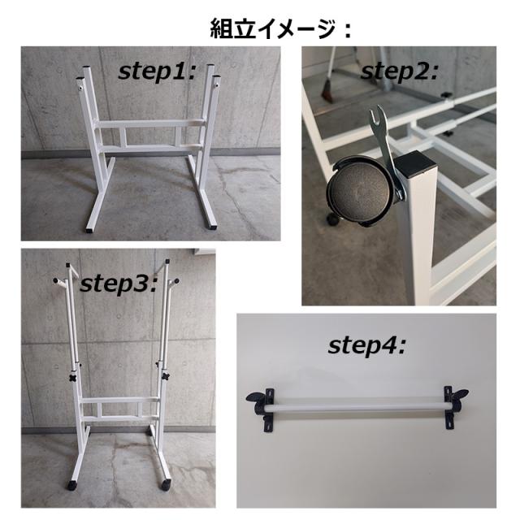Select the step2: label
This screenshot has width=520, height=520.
click(399, 70)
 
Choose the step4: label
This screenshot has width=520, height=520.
click(366, 345)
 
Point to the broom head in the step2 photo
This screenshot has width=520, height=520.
click(327, 90)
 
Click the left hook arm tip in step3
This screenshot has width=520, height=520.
click(57, 281)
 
